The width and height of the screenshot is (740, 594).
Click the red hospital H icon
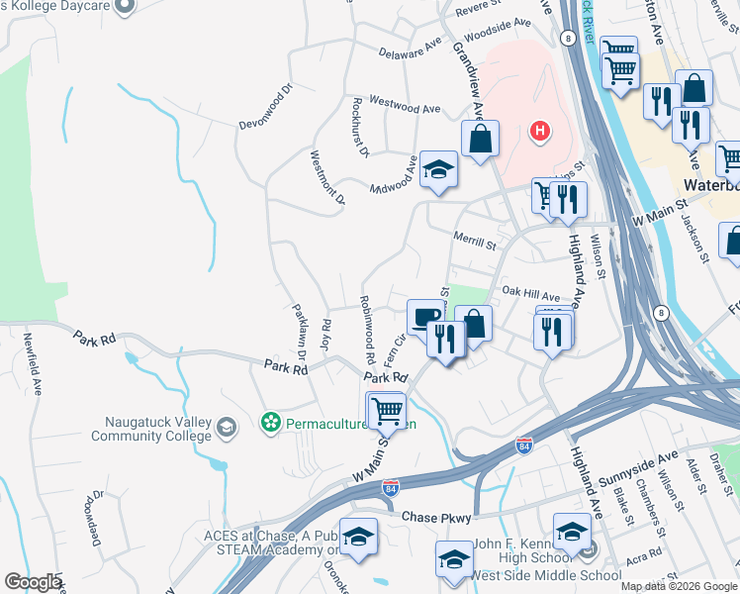539,130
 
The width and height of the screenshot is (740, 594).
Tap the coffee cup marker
425,318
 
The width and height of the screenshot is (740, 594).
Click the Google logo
33,582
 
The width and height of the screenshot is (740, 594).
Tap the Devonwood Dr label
266,106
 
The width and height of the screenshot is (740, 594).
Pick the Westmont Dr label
327,177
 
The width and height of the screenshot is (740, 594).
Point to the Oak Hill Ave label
530,294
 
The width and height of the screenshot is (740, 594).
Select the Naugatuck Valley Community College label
151,429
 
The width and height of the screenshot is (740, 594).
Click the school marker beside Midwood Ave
438,169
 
